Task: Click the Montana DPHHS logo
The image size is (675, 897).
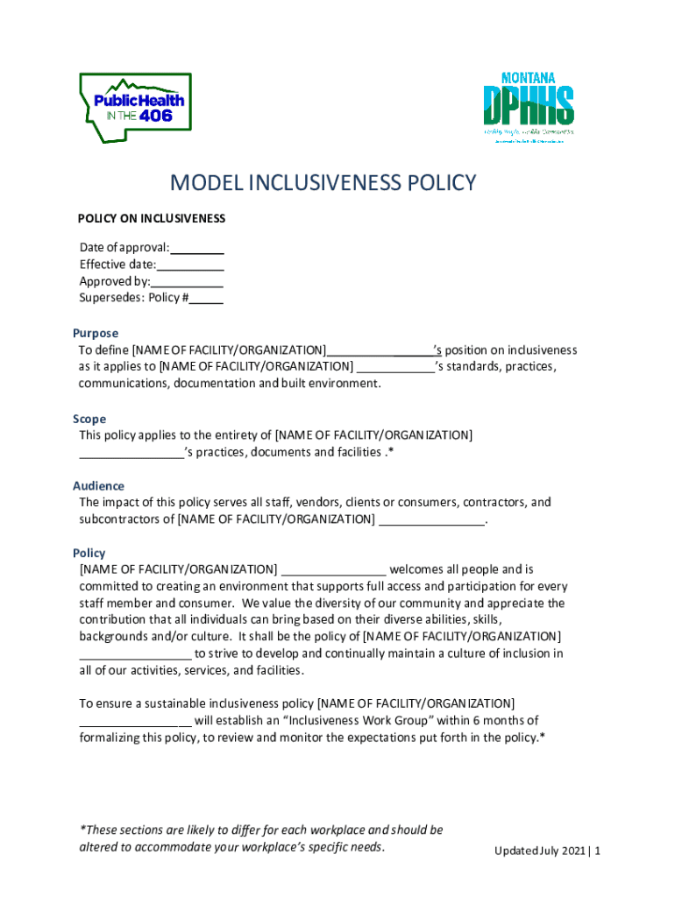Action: click(529, 105)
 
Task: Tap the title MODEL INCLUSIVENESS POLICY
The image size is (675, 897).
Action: click(323, 183)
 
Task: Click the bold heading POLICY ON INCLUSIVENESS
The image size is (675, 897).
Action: click(152, 218)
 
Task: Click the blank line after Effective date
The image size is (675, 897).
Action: click(191, 265)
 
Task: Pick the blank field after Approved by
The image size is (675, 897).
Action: click(188, 281)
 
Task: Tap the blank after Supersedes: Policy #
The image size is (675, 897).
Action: click(207, 298)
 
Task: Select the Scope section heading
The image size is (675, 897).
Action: click(89, 419)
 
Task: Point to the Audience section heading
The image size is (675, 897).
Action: click(98, 486)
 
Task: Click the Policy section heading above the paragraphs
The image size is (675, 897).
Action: click(89, 553)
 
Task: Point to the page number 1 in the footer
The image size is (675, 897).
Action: click(597, 851)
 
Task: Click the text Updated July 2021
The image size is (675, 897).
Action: click(539, 851)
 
